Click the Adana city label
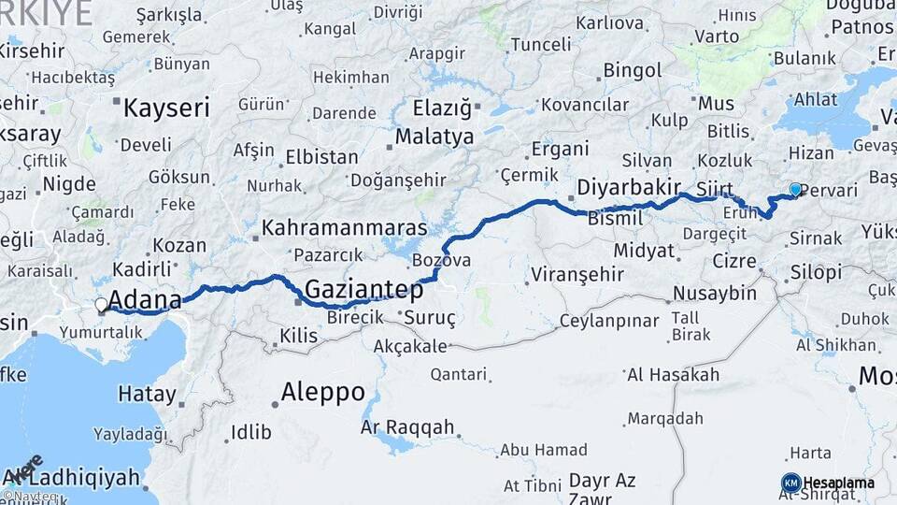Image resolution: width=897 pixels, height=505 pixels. (145, 300)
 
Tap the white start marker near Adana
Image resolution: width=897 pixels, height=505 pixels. (101, 304)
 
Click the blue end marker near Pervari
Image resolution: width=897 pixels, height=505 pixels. (795, 189)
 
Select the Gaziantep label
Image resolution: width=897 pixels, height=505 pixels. (365, 290)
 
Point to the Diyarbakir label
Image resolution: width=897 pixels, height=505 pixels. (628, 187)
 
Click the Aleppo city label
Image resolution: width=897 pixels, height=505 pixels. (322, 392)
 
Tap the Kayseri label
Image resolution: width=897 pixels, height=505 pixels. (166, 108)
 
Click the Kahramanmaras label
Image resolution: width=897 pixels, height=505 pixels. (344, 227)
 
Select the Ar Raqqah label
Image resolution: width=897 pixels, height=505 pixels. (407, 427)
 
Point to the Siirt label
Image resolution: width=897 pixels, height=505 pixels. (714, 190)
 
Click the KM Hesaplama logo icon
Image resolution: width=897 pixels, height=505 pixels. (791, 483)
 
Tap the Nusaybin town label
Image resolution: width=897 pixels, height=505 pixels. (715, 294)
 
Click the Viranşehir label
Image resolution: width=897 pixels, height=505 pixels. (577, 275)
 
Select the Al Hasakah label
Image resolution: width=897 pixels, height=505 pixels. (673, 375)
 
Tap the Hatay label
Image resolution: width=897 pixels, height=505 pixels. (147, 394)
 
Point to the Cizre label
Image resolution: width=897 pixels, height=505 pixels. (733, 260)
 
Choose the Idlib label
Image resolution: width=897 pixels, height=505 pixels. (249, 432)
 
